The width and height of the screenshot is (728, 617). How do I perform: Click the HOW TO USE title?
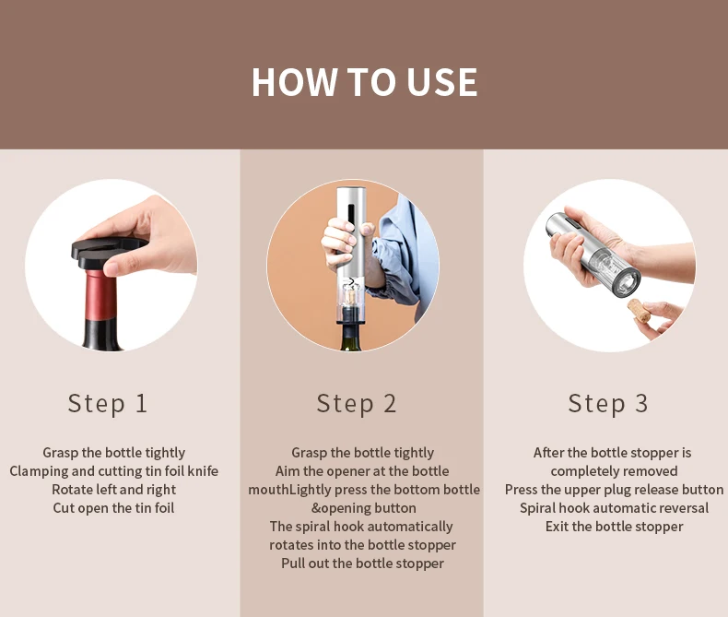coord(364,82)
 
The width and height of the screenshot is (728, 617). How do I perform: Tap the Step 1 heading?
coord(108,403)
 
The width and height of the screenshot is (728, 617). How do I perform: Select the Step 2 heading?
coord(357,403)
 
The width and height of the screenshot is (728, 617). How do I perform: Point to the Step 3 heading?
coord(608,403)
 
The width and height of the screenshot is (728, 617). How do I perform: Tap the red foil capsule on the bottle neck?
coord(100,295)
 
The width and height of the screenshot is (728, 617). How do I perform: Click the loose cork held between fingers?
coord(640,311)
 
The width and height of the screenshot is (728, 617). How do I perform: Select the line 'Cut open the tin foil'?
coord(113,508)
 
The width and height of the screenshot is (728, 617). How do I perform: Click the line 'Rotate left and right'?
coord(113,489)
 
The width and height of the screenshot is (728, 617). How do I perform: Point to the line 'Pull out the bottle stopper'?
coord(362,564)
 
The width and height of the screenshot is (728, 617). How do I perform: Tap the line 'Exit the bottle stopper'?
coord(615,527)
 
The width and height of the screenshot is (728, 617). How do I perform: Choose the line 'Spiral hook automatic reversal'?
coord(615,508)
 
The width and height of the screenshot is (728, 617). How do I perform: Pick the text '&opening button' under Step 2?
coord(363,508)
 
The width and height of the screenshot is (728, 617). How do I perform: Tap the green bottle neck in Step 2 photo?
coord(351,337)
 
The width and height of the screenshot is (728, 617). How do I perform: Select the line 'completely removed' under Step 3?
coord(615,471)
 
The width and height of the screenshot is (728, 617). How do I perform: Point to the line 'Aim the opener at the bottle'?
coord(362,471)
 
